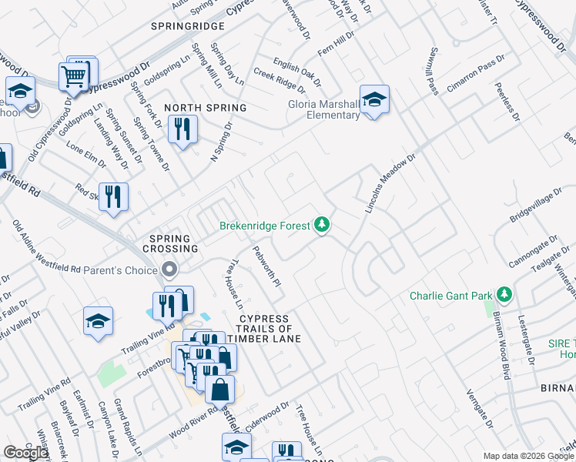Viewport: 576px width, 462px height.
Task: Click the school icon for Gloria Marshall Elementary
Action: pyautogui.click(x=374, y=100)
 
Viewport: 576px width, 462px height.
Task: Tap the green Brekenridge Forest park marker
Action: pyautogui.click(x=322, y=226)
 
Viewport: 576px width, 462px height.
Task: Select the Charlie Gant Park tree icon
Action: pyautogui.click(x=504, y=295)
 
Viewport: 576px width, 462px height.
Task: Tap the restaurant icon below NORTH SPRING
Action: pyautogui.click(x=183, y=129)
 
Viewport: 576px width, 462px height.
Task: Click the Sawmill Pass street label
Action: pyautogui.click(x=428, y=74)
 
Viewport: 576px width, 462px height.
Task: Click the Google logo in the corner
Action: pyautogui.click(x=25, y=453)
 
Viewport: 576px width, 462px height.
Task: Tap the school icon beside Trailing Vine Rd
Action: pyautogui.click(x=99, y=322)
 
